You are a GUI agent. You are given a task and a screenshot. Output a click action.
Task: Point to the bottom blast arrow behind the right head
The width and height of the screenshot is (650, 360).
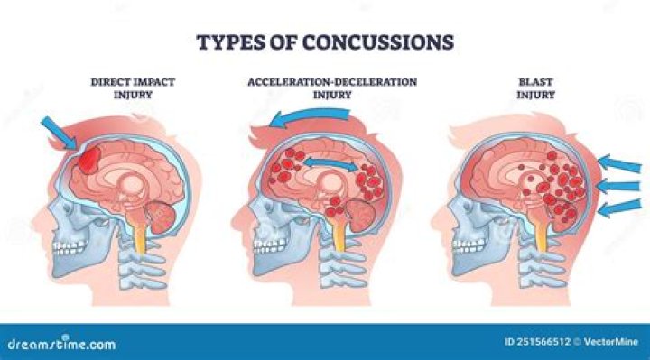pyautogui.click(x=621, y=210)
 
